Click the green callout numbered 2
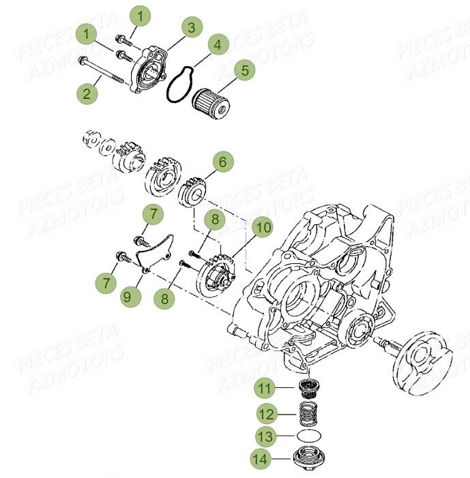point(87,93)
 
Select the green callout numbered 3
point(192,27)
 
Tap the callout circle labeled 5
point(244,70)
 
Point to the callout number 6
point(222,162)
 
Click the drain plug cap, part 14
point(311,459)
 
